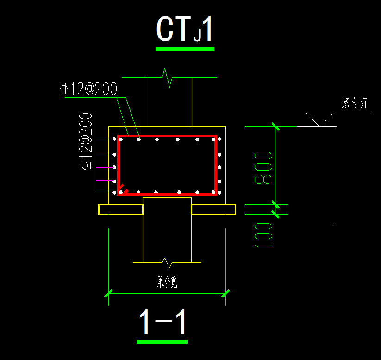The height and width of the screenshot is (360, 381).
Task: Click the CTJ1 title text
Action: click(185, 29)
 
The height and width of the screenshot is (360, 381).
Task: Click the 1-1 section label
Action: click(162, 322)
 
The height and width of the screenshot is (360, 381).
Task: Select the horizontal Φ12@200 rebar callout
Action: click(89, 89)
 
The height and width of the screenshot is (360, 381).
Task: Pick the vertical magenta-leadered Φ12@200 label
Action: click(86, 141)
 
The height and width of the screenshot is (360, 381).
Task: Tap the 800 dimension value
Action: click(263, 168)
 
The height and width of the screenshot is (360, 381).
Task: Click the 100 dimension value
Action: click(263, 235)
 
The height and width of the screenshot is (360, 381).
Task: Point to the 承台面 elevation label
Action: click(354, 104)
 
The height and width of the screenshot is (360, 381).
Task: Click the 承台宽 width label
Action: click(167, 282)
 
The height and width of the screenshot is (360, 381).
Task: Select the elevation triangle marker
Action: click(320, 119)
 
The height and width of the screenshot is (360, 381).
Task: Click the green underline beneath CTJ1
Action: click(185, 49)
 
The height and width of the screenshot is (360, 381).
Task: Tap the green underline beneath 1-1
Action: click(162, 342)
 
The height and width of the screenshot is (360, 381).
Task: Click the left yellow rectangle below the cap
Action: click(121, 209)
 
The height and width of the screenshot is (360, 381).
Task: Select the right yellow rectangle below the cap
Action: click(213, 209)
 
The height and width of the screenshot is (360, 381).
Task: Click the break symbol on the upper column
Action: click(168, 77)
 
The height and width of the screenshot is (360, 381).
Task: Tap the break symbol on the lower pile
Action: click(167, 262)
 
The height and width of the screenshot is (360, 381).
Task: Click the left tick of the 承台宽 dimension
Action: click(109, 293)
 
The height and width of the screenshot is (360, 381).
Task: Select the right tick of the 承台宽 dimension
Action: click(226, 293)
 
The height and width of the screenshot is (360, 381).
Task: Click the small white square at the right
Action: click(335, 225)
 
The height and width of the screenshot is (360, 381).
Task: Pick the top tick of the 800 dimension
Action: click(275, 127)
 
